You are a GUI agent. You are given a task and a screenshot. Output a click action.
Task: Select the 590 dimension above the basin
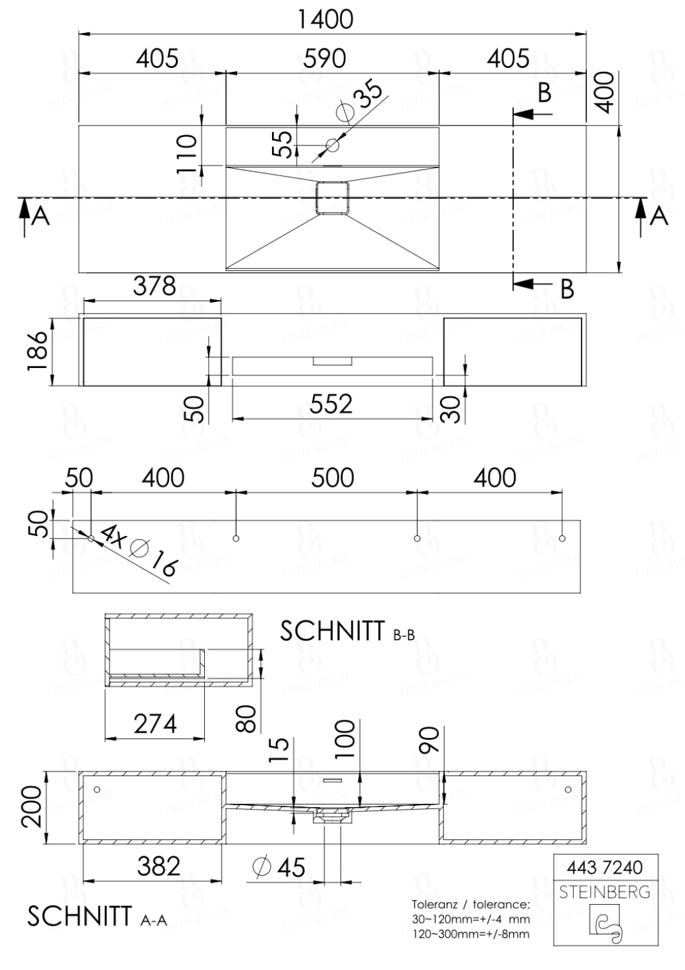(325, 58)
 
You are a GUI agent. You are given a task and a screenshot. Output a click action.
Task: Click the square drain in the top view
(332, 197)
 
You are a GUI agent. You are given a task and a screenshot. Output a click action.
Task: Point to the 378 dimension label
(154, 286)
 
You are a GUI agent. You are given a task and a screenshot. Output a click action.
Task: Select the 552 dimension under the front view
(331, 404)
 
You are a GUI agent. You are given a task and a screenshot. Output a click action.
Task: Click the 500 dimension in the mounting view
(333, 478)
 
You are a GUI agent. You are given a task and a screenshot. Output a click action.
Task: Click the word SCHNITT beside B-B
(332, 631)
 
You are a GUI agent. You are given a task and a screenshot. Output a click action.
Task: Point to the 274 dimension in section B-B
(155, 724)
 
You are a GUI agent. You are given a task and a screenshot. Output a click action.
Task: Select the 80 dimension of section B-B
(247, 718)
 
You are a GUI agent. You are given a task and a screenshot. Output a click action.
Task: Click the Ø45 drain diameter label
(279, 867)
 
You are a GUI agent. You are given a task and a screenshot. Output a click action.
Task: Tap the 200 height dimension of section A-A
(32, 806)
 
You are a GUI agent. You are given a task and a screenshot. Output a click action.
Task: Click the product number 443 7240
(604, 867)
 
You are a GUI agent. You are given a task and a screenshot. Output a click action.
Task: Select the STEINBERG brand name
(604, 892)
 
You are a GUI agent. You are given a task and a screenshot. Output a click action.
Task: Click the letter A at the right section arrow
(659, 215)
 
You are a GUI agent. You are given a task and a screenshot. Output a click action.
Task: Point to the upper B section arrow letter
(545, 93)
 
